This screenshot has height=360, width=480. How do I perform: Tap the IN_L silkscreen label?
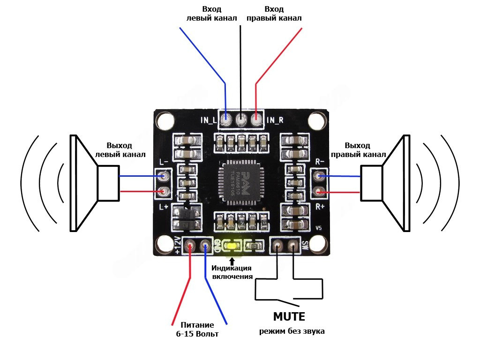(x=209, y=120)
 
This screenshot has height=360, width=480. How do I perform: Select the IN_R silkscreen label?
(x=275, y=120)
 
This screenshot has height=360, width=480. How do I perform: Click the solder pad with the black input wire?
(x=241, y=120)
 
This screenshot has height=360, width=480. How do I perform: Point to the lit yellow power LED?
(x=232, y=245)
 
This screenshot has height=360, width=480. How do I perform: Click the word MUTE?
(x=289, y=316)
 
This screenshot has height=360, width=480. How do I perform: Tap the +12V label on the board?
(x=178, y=245)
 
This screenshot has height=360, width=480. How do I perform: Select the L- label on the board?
(x=164, y=162)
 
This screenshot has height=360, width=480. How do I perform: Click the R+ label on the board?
(x=320, y=206)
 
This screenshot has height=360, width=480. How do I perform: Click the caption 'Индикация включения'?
(x=232, y=272)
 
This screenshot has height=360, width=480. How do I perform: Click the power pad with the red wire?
(x=190, y=245)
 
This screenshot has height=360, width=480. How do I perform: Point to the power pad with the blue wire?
(x=205, y=245)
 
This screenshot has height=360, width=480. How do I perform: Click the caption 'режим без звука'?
(x=292, y=331)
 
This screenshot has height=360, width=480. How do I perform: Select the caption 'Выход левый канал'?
(x=120, y=150)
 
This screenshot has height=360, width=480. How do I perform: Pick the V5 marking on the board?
(x=319, y=228)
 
